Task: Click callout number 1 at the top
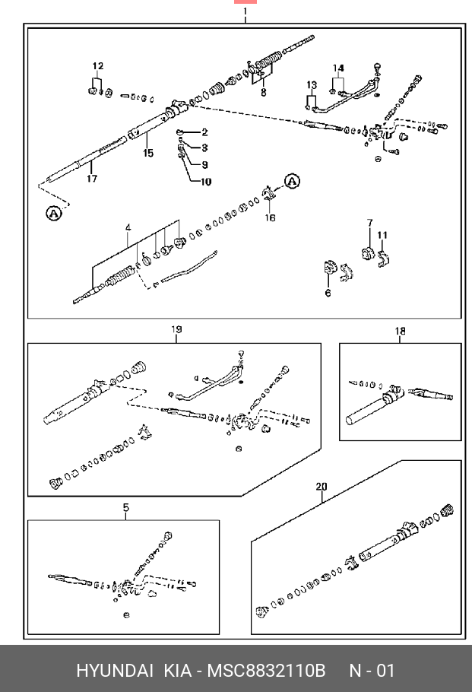coord(245,13)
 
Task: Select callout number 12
coord(98,66)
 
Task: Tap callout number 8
coord(263,94)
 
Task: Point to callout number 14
coord(338,68)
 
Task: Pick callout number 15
coord(147,153)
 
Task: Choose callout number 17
coord(92,179)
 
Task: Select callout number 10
coord(204,182)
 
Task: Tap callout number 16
coord(271,217)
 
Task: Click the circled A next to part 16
coord(293,182)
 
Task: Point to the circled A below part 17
coord(53,214)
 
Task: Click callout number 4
coord(128,227)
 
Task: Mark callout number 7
coord(370,223)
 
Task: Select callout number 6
coord(328,293)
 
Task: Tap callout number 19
coord(176,330)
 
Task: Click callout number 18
coord(400,331)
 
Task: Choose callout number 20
coord(322,487)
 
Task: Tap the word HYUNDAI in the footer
coord(112,671)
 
